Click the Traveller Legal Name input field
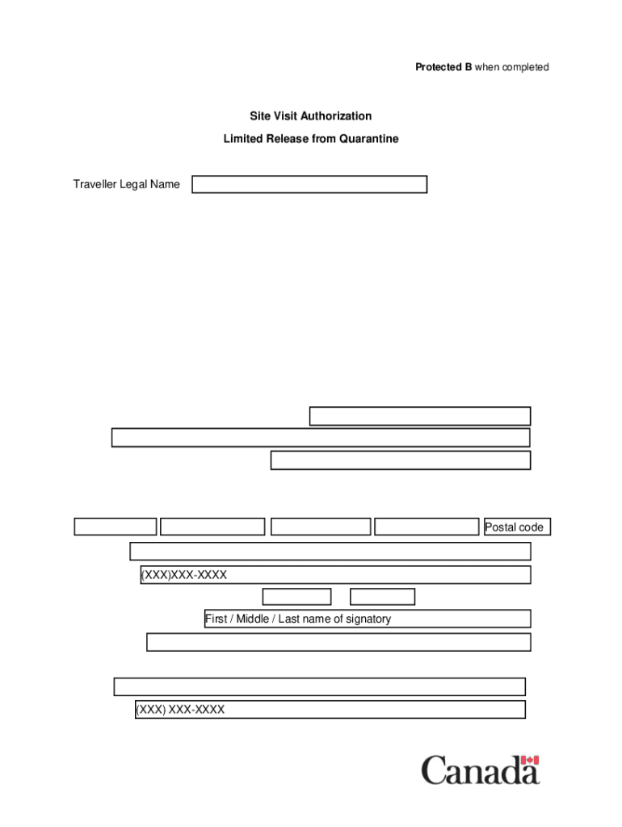[x=309, y=185]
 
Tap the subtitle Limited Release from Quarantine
[x=311, y=139]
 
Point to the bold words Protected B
[x=443, y=67]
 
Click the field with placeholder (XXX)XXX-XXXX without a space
[x=335, y=575]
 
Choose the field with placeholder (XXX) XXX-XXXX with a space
[x=330, y=710]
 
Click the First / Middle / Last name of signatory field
[x=368, y=619]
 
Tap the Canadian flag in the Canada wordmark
[x=530, y=761]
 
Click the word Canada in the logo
[x=480, y=770]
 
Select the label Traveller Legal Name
[x=127, y=185]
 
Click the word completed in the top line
[x=524, y=67]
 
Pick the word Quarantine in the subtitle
[x=368, y=139]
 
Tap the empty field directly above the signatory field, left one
[x=296, y=597]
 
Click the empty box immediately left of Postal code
[x=427, y=527]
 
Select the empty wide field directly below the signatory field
[x=338, y=642]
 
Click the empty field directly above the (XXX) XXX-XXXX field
[x=319, y=687]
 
